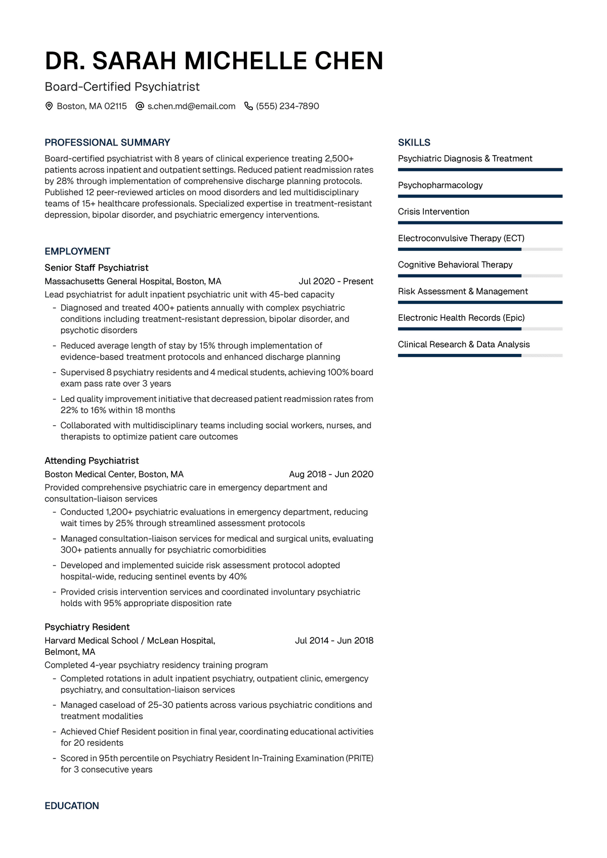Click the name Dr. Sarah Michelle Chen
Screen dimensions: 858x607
coord(214,61)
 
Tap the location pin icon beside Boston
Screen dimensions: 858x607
coord(49,106)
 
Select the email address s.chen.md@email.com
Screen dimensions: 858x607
coord(191,106)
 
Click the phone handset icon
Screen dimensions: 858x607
coord(248,106)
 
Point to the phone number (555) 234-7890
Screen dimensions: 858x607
coord(287,106)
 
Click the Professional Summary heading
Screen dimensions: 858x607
coord(107,143)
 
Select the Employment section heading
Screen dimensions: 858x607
coord(77,251)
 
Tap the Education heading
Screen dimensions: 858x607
coord(72,806)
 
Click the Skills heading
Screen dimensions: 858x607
coord(414,143)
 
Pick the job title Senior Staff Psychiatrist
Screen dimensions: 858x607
coord(97,267)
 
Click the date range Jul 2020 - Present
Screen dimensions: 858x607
coord(336,281)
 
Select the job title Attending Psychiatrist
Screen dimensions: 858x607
coord(92,461)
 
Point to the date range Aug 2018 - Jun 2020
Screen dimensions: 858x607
coord(331,474)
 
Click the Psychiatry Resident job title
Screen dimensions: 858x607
coord(87,627)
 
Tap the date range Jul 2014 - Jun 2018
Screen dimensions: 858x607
coord(334,641)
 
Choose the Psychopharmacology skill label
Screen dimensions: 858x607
coord(440,185)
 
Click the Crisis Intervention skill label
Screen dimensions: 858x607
coord(433,211)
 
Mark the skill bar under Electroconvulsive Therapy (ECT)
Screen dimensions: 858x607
coord(480,249)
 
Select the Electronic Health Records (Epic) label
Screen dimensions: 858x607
coord(461,318)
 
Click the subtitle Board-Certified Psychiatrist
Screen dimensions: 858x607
coord(122,87)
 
